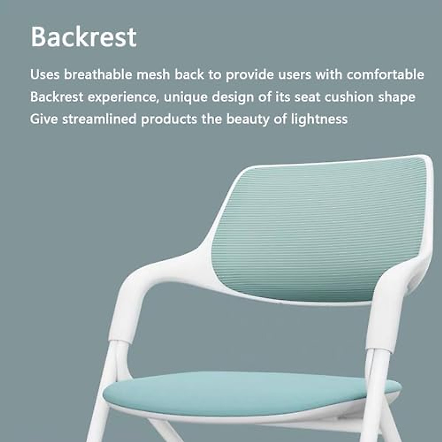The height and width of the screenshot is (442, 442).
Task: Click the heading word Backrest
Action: pos(84,37)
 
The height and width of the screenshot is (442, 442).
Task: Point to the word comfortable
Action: pos(385,75)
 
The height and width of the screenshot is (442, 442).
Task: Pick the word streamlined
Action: pos(99,119)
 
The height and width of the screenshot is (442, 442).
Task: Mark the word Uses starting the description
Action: pos(45,75)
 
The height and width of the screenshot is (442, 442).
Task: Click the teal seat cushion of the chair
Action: pos(250,392)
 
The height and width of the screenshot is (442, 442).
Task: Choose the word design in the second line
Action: pos(232,97)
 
